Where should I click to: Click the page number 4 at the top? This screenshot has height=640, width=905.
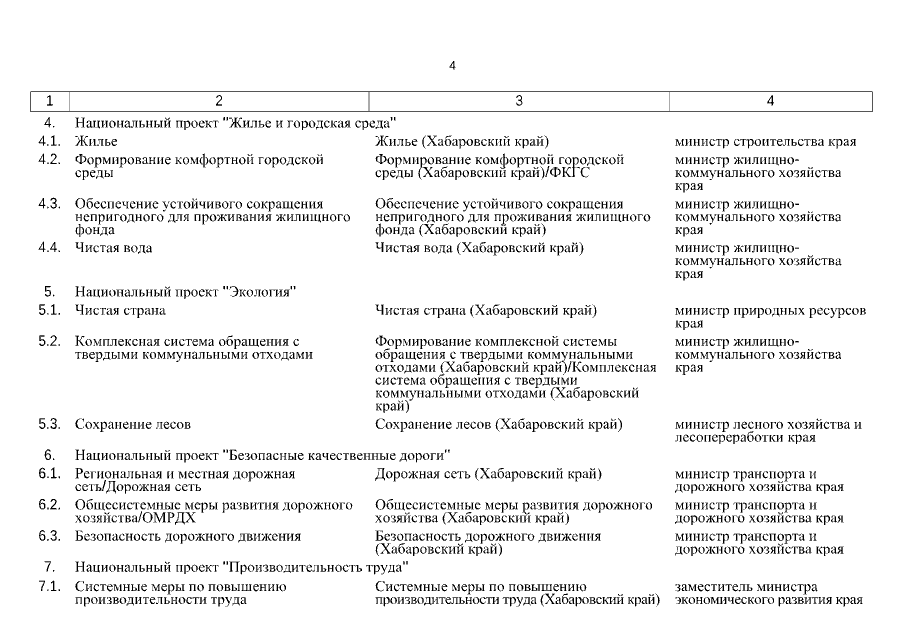click(452, 66)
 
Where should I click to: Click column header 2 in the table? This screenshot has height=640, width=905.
click(219, 101)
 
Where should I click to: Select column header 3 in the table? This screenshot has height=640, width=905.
click(519, 101)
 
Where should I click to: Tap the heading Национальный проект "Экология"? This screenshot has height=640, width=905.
click(185, 292)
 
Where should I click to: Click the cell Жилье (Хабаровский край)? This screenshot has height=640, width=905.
click(461, 141)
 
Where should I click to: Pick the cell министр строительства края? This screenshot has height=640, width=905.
click(765, 141)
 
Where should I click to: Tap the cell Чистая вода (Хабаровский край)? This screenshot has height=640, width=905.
click(479, 247)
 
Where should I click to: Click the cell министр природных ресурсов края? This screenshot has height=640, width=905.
click(770, 317)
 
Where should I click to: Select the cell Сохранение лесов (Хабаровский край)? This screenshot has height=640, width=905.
click(498, 424)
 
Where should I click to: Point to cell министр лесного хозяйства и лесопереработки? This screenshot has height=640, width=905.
click(768, 431)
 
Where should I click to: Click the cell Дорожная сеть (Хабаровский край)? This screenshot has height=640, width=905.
click(487, 473)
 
